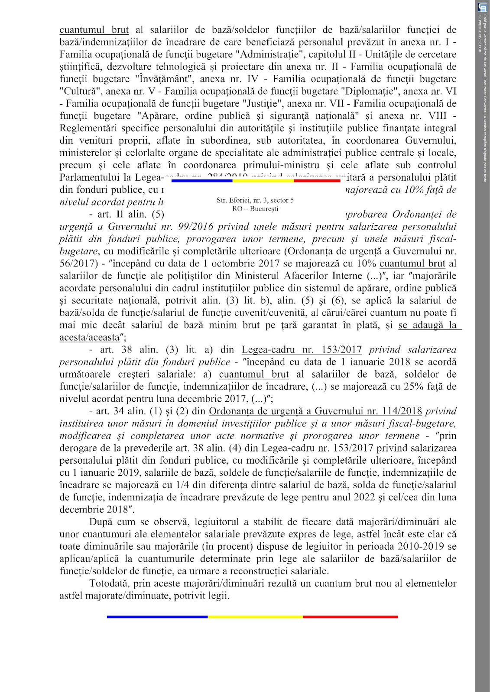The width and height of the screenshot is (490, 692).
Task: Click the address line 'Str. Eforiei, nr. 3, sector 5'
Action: pyautogui.click(x=255, y=200)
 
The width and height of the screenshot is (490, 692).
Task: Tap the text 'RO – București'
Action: pyautogui.click(x=255, y=208)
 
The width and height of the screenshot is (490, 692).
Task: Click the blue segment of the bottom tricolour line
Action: pyautogui.click(x=157, y=617)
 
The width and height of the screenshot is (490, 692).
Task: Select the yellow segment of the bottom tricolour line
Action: pyautogui.click(x=255, y=617)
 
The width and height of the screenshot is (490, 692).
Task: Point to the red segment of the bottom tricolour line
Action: pyautogui.click(x=350, y=617)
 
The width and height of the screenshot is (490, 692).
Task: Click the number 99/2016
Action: pyautogui.click(x=157, y=227)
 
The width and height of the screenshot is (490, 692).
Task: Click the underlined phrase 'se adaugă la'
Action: pyautogui.click(x=427, y=325)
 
